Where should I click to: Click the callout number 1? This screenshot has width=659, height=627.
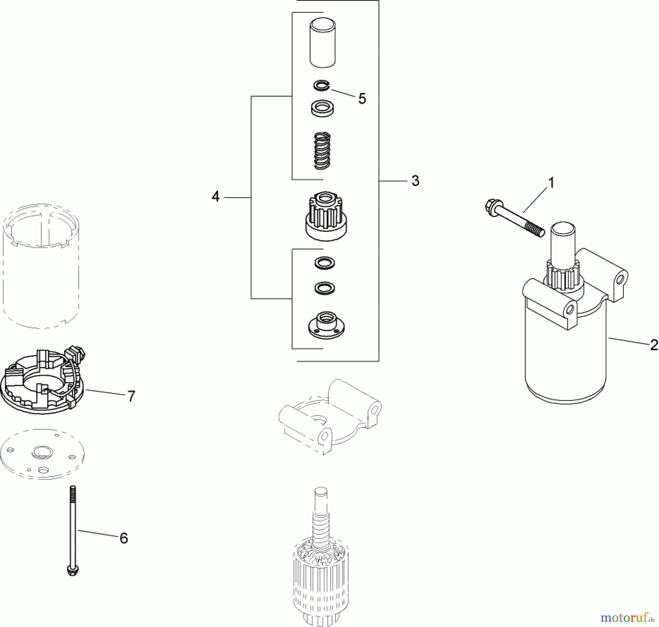(551, 183)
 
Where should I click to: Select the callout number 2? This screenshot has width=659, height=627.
(654, 345)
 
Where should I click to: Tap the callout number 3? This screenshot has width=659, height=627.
(415, 181)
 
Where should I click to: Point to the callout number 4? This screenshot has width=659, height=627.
(216, 197)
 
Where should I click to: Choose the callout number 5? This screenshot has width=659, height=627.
(362, 98)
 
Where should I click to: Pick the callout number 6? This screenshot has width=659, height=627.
(124, 538)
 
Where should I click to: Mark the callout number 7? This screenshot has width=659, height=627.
(131, 396)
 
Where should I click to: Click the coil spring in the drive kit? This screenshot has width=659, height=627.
(323, 151)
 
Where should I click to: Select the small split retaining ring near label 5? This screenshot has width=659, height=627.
(321, 86)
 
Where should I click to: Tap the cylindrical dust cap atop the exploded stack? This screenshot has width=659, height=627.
(323, 43)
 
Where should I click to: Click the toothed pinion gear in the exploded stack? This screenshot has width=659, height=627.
(326, 218)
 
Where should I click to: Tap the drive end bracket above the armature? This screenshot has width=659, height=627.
(329, 417)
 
